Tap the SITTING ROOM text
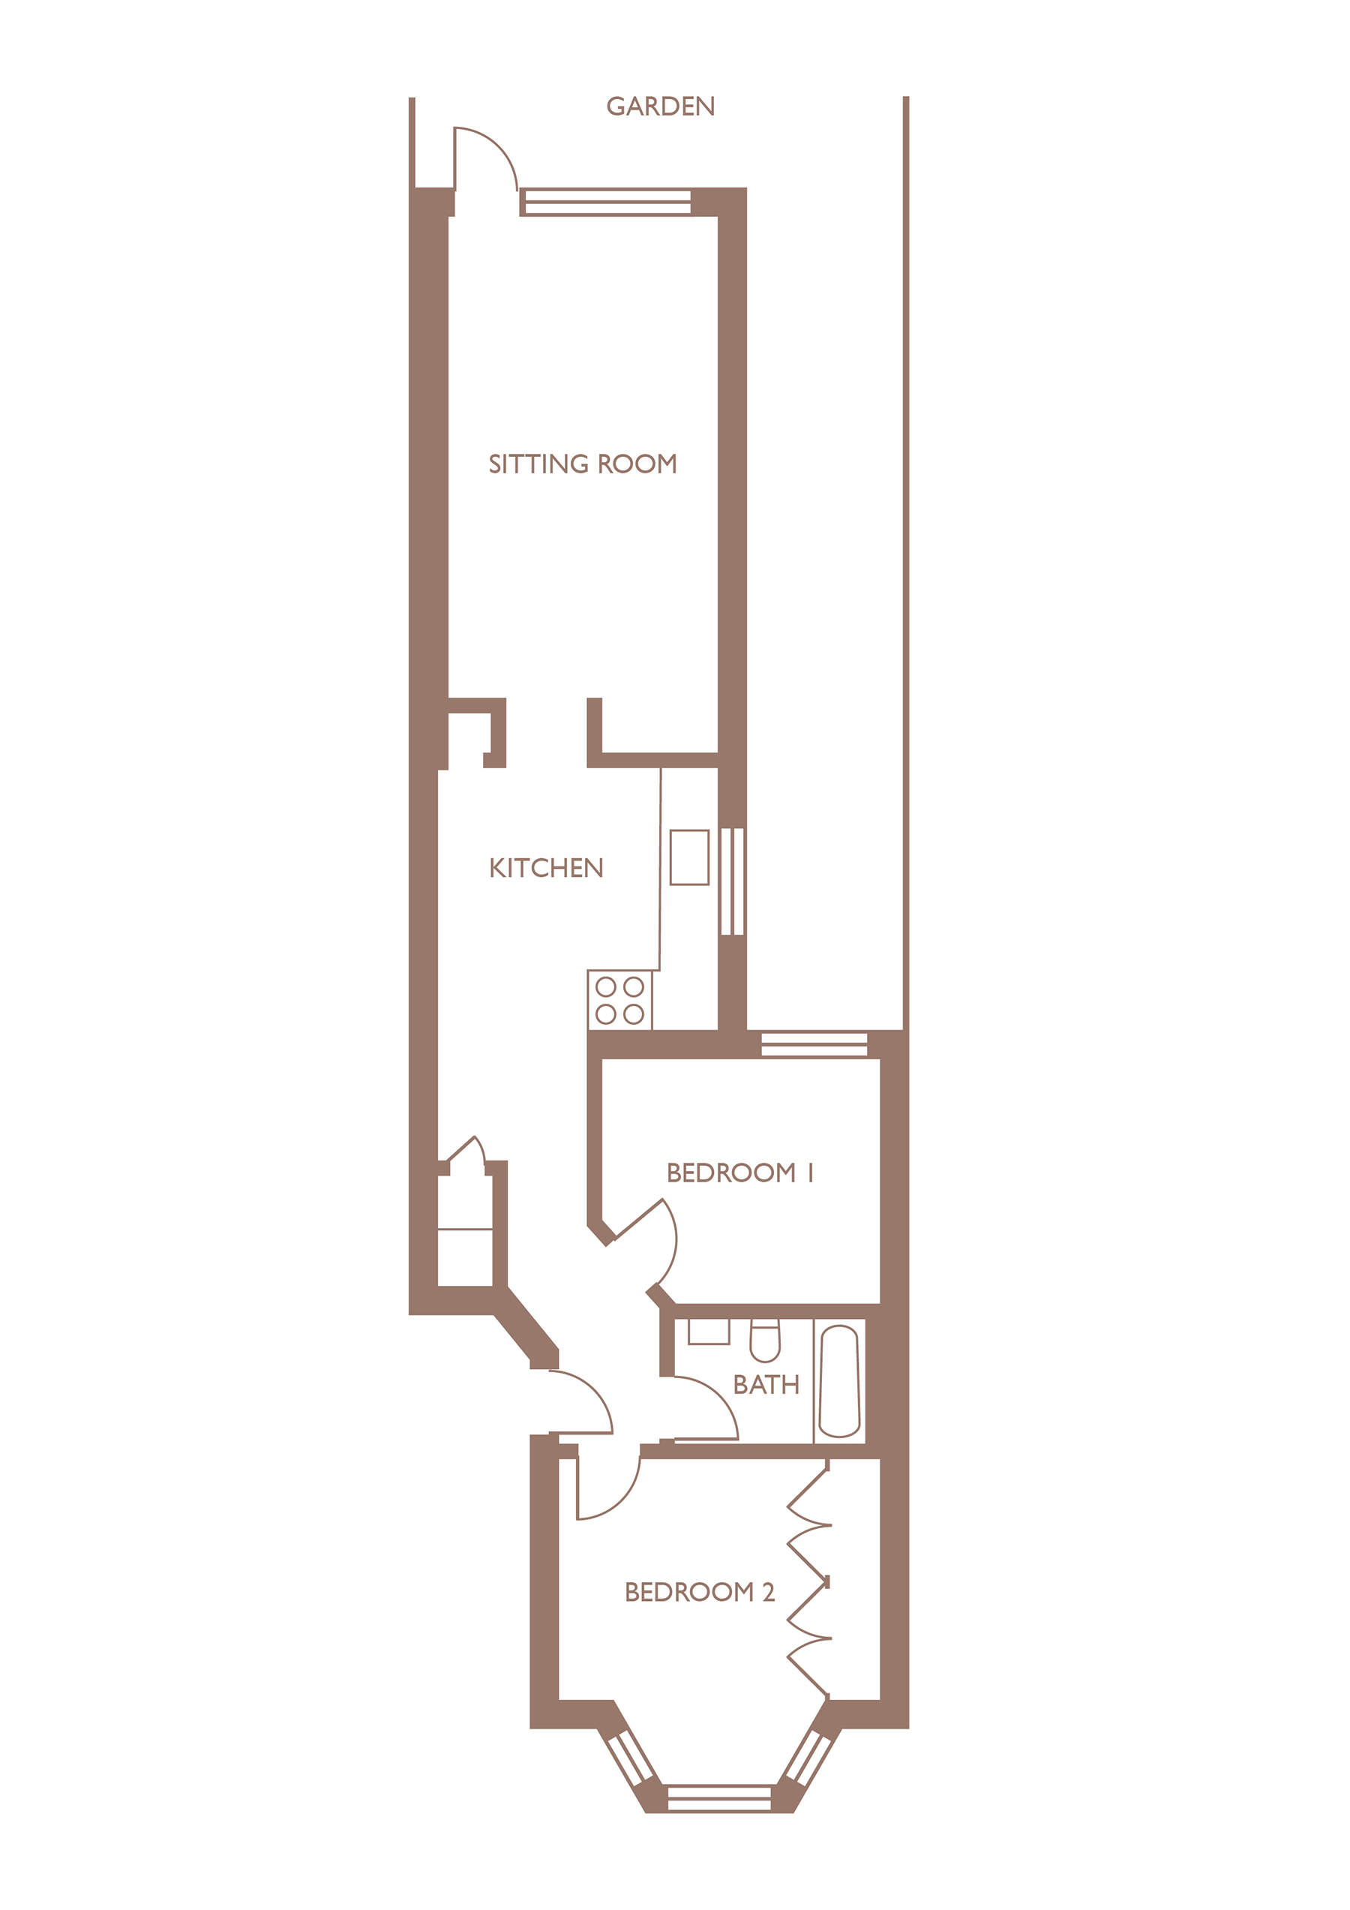582,464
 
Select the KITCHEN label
546,868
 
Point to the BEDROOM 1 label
739,1173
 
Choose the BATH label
765,1385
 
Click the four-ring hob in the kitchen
619,1000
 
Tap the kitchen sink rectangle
688,857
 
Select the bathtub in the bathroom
838,1381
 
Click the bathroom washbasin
709,1331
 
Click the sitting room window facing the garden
607,202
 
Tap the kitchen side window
732,881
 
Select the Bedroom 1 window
814,1044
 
